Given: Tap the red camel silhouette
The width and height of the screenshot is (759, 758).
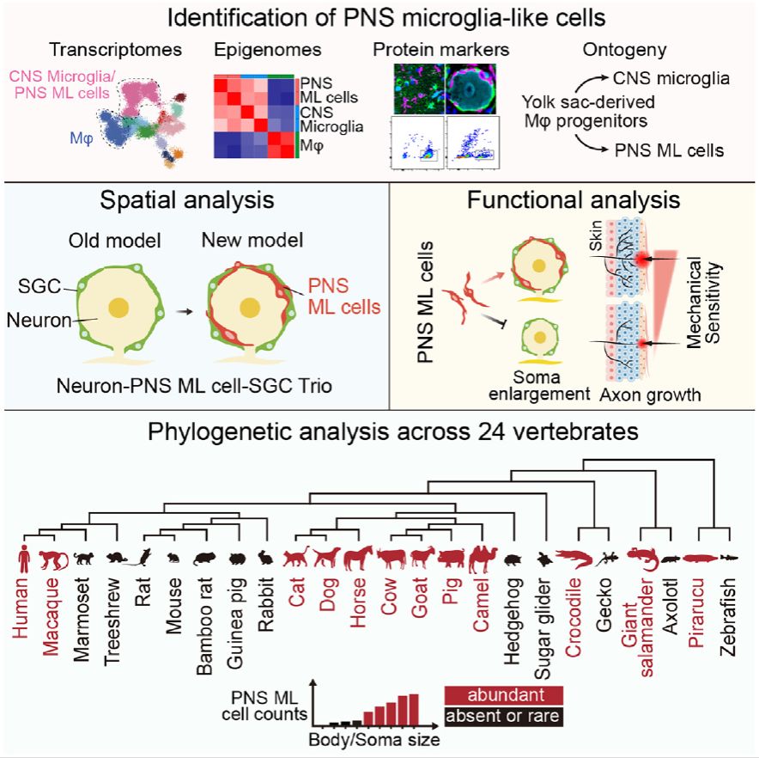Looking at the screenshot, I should (x=480, y=559).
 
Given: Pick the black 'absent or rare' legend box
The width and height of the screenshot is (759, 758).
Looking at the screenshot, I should (x=503, y=713).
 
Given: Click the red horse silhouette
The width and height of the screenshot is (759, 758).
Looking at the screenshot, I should (x=355, y=559).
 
